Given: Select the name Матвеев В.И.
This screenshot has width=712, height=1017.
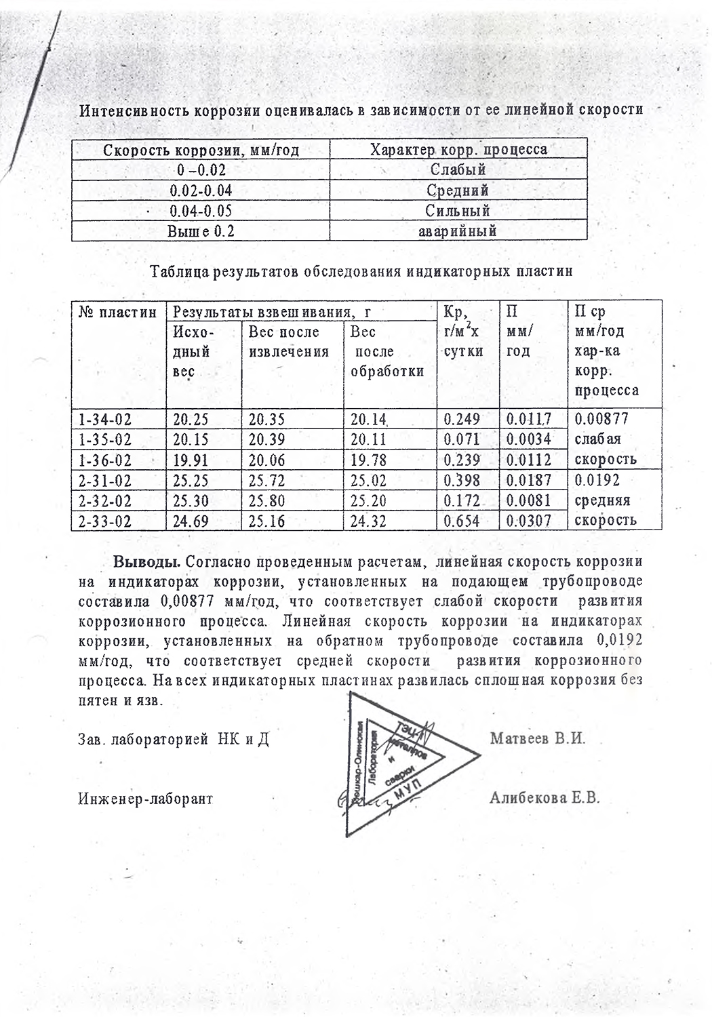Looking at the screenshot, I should [538, 738].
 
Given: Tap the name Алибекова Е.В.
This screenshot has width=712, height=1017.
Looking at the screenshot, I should [545, 798].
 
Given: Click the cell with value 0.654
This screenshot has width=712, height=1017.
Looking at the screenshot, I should [462, 521].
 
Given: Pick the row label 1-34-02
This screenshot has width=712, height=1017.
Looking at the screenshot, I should [105, 419].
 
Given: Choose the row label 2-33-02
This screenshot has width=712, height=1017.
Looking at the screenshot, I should [105, 521].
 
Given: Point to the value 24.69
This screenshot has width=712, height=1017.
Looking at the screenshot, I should [191, 521].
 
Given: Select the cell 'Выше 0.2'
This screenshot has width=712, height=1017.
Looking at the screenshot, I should [201, 231].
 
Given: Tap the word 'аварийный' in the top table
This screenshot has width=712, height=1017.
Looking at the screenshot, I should [458, 231].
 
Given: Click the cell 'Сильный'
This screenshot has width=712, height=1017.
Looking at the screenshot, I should [458, 211].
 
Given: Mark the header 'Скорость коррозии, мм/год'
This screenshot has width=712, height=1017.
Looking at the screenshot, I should [201, 150].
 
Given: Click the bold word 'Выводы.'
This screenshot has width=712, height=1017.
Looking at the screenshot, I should [146, 562].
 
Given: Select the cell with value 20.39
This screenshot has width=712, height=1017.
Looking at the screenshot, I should [266, 439].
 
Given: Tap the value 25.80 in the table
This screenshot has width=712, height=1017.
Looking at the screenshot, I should [266, 501].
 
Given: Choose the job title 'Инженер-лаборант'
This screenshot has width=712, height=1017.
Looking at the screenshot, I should [146, 799].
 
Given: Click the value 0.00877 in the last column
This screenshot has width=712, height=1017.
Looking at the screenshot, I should [601, 419].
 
